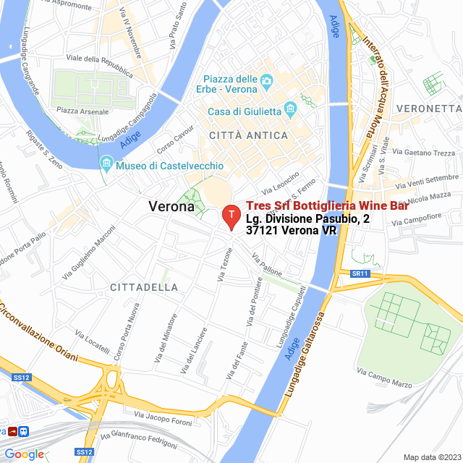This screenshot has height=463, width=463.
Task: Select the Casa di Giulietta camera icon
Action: (291, 111)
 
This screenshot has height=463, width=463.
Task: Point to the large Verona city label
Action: (171, 206)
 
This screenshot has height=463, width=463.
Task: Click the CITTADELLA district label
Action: (144, 287)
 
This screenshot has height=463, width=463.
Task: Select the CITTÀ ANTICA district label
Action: (248, 135)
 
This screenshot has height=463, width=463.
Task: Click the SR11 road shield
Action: (360, 273)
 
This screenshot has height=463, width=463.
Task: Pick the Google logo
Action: (24, 454)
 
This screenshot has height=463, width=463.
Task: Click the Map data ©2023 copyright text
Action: (430, 456)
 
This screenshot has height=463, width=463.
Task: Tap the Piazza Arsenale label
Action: (82, 111)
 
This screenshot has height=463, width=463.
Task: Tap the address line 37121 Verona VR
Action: (292, 231)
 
